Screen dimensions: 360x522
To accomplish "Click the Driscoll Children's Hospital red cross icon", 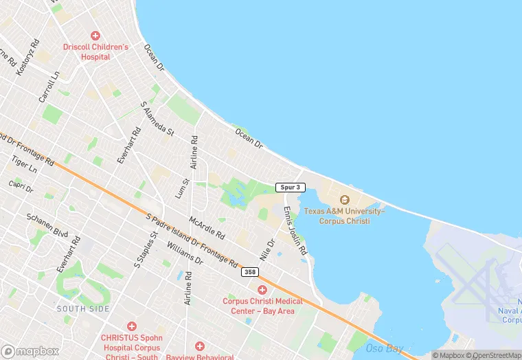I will pyautogui.click(x=95, y=35).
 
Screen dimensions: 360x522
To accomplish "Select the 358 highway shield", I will pyautogui.click(x=250, y=273).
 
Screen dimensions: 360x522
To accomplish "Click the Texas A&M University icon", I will pyautogui.click(x=345, y=199).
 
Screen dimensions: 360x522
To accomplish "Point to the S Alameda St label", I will pyautogui.click(x=157, y=118).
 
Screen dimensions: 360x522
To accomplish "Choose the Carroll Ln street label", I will pyautogui.click(x=49, y=89).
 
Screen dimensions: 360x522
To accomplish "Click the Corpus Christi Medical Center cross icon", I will pyautogui.click(x=262, y=291).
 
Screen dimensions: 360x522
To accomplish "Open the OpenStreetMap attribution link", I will pyautogui.click(x=494, y=355).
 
